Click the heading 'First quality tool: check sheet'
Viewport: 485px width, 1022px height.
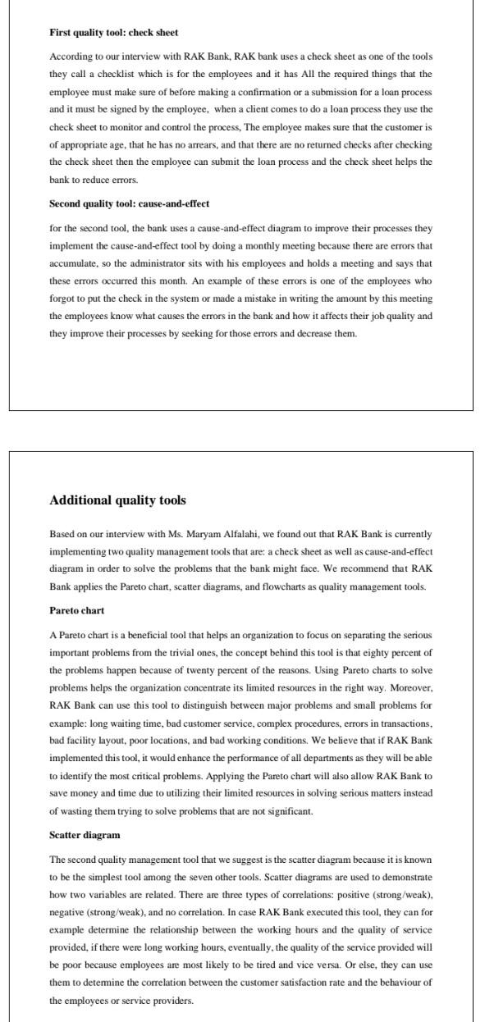click(113, 33)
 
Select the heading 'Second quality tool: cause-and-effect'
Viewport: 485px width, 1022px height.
click(129, 203)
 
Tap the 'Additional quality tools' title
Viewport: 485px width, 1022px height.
click(117, 500)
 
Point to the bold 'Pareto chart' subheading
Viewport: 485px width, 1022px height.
click(76, 610)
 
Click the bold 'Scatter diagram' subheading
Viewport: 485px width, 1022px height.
click(85, 835)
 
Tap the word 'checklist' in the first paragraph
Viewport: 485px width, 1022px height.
click(117, 75)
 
